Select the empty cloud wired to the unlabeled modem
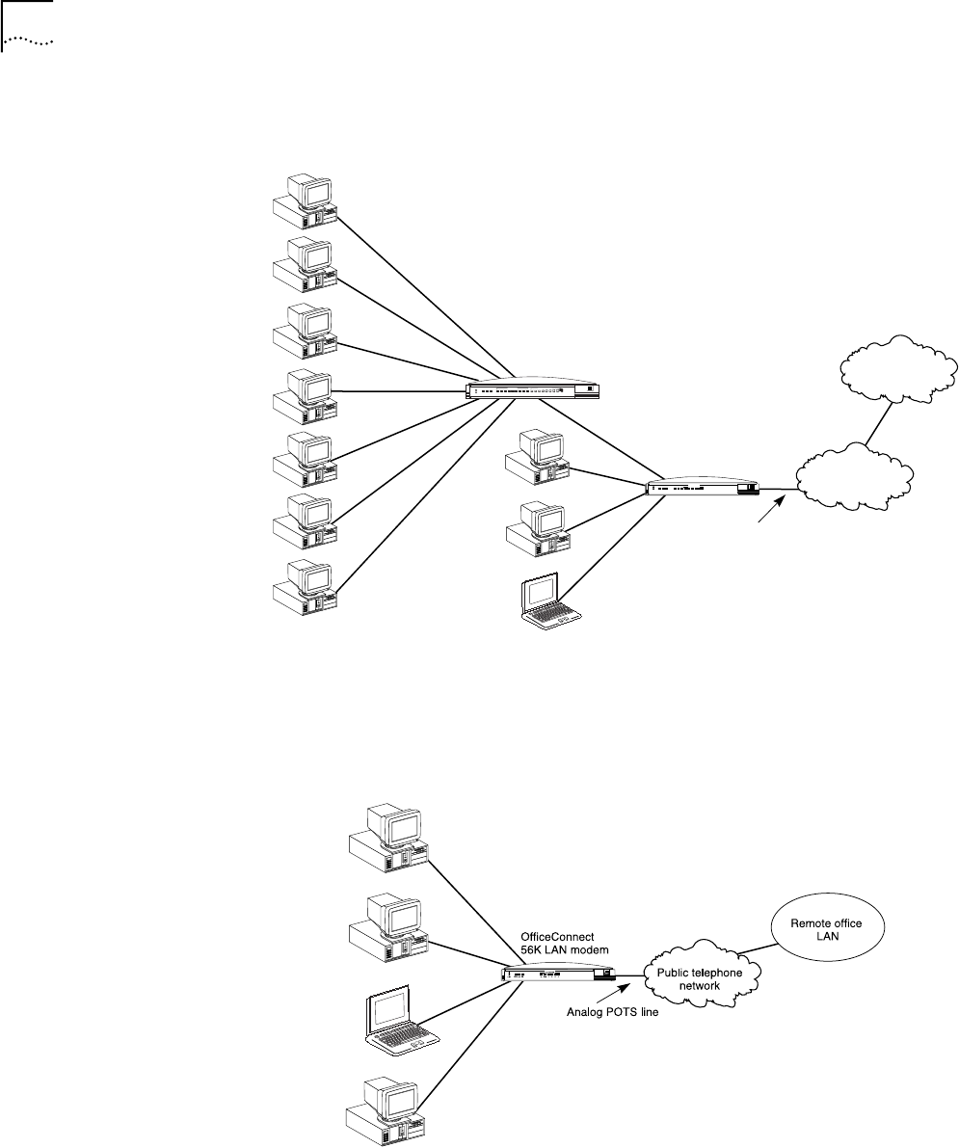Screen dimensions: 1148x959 853,478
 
